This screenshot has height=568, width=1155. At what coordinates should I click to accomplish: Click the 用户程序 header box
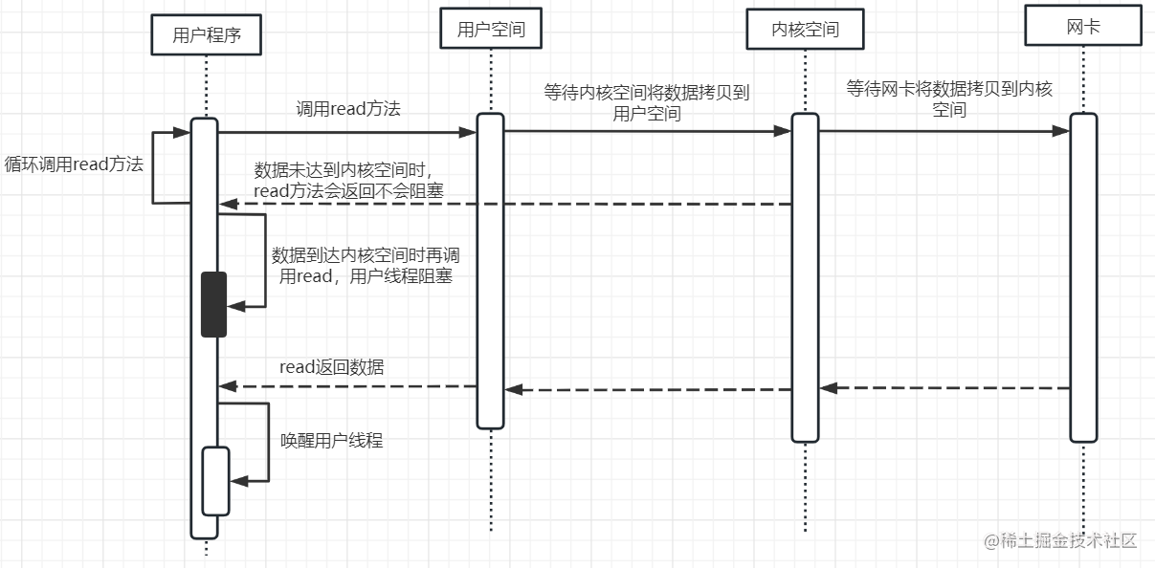[206, 36]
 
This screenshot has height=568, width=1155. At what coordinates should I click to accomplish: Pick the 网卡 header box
[1083, 26]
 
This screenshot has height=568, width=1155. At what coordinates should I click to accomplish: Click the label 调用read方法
[347, 110]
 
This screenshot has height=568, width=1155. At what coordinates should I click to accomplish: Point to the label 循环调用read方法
[74, 164]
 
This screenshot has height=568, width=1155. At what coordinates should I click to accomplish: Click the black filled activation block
[214, 304]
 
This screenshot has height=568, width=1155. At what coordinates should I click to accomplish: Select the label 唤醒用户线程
[331, 441]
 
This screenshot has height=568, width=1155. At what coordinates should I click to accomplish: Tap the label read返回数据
[332, 366]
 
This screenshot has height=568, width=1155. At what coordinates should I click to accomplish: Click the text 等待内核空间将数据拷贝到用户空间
[647, 103]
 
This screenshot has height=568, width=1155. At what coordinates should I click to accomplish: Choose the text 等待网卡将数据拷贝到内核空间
[949, 99]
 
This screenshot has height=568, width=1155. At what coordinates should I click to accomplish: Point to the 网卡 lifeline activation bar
[1083, 277]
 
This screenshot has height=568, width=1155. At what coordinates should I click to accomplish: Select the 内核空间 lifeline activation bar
[805, 277]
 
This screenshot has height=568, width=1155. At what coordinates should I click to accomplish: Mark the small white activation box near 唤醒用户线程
[215, 481]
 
